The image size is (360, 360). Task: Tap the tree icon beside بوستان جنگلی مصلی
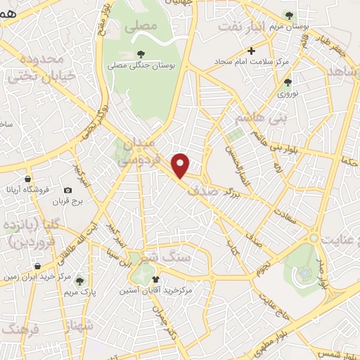click(x=141, y=53)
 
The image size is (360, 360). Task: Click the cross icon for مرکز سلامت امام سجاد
click(x=252, y=51)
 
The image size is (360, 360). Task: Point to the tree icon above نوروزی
click(x=287, y=82)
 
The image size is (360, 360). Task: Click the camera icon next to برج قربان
click(x=67, y=190)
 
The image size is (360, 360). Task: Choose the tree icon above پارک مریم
click(x=79, y=279)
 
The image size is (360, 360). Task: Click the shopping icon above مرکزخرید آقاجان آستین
click(x=155, y=279)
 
